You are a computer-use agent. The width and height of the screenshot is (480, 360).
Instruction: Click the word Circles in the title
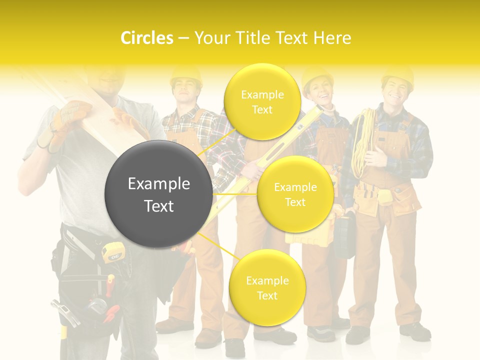pos(146,38)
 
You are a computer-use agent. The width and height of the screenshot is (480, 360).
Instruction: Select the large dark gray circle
pos(158,194)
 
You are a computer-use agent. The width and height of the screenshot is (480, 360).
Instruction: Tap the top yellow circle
pos(262,101)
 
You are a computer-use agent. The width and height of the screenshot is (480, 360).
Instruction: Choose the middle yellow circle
pos(295,194)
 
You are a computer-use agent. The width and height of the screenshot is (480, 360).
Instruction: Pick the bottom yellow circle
pos(267,287)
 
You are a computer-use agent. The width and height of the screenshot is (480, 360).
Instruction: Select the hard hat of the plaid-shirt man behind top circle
pos(185,75)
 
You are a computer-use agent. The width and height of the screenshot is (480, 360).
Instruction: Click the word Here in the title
pos(332,38)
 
